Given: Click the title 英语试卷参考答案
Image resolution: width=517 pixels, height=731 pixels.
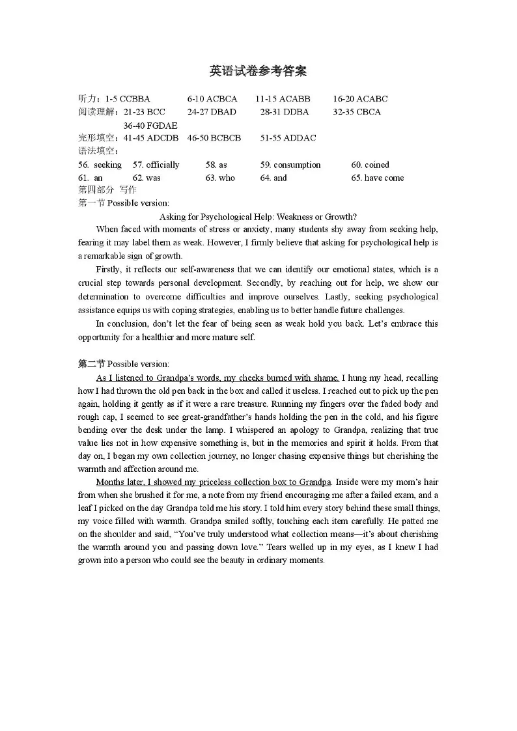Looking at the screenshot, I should (x=258, y=71).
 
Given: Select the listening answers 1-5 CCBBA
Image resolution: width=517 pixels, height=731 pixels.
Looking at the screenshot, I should (x=127, y=99).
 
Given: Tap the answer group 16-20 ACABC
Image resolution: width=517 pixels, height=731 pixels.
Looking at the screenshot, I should (x=360, y=99).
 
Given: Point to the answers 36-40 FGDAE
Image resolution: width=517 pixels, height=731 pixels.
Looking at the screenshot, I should (x=150, y=125).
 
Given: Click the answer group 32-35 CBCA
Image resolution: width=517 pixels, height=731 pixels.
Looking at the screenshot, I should (x=357, y=112).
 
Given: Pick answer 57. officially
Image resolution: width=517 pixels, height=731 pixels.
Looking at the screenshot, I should (x=156, y=165).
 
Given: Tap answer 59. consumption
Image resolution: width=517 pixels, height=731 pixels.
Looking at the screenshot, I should (x=290, y=165).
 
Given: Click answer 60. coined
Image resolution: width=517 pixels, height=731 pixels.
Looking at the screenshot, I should (x=370, y=165).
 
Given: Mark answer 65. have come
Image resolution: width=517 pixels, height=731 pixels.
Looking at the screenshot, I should (x=377, y=178).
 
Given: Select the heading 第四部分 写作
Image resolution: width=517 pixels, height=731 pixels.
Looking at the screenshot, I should (x=107, y=190).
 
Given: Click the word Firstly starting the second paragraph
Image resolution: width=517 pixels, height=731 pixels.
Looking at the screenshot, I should (x=109, y=269).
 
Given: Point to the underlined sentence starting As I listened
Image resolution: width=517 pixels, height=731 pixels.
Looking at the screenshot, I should (x=217, y=378).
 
